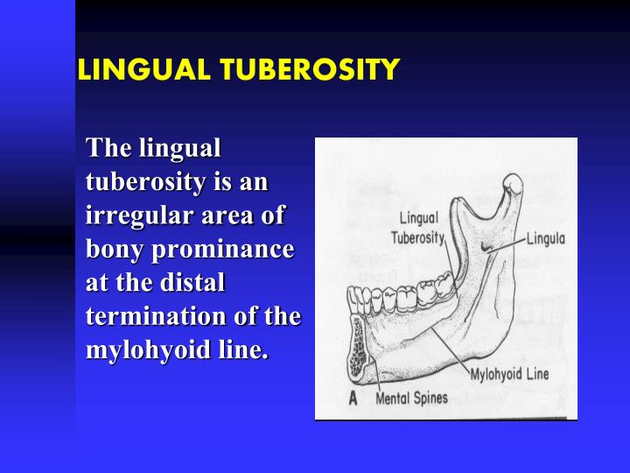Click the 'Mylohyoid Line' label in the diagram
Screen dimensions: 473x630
point(510,374)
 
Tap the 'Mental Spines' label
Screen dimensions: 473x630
point(411,399)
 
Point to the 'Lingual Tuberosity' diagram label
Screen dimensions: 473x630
point(418,228)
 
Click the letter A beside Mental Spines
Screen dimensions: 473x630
point(353,399)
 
